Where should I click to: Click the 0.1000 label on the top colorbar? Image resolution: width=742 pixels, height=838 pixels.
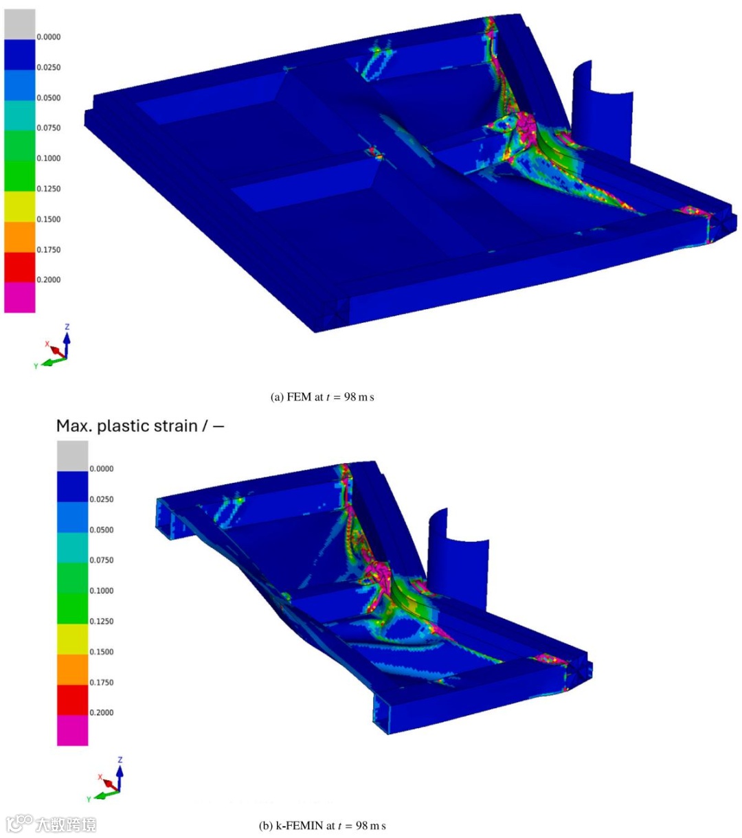point(48,159)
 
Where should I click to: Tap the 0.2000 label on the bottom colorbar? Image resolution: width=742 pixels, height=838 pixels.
point(102,712)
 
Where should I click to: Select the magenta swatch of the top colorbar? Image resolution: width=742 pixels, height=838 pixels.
point(19,297)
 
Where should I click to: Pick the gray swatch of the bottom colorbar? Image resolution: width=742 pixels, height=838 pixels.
point(72,456)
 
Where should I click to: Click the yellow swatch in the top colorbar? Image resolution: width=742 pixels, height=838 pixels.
point(19,206)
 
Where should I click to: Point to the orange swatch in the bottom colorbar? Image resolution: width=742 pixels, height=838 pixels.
point(72,669)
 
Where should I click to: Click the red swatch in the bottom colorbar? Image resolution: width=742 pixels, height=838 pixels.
point(72,700)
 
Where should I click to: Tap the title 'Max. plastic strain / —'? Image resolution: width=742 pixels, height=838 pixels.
point(140,426)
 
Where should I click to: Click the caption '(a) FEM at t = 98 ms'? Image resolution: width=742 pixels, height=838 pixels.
point(322,397)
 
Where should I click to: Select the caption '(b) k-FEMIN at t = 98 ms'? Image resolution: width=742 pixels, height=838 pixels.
point(322,826)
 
